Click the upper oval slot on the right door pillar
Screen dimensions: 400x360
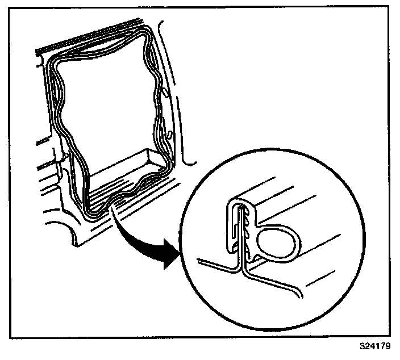[x=164, y=91]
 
